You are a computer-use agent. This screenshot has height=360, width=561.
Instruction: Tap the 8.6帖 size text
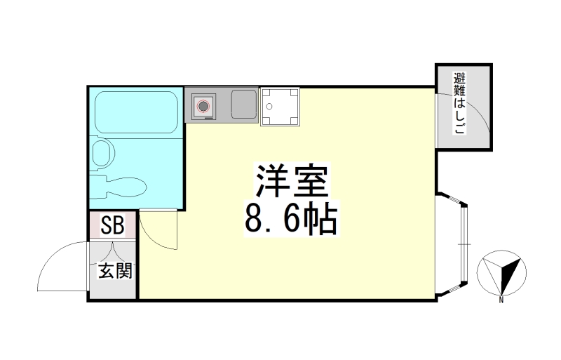(x=290, y=220)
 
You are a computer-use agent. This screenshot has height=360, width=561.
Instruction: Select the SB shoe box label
(x=112, y=226)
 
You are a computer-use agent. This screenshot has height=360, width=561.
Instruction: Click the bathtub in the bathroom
(x=135, y=112)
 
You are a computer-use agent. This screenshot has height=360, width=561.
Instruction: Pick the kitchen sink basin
(x=243, y=105)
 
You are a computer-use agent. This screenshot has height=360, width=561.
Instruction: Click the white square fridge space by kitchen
(x=280, y=107)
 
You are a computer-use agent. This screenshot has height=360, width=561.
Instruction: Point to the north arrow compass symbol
(x=503, y=274)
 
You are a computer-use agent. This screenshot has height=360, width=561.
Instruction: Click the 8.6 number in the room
(x=272, y=220)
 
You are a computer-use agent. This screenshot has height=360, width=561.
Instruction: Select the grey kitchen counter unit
(x=222, y=105)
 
